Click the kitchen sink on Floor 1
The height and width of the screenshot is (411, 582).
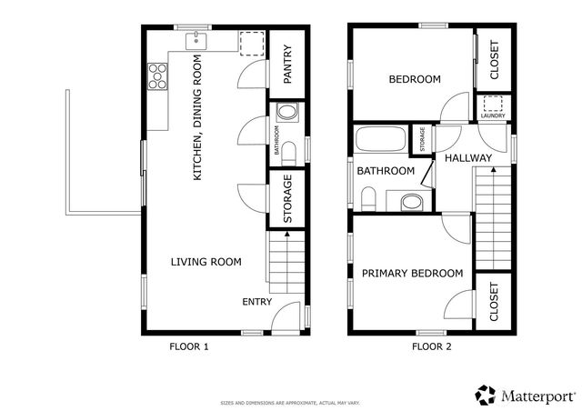click(x=197, y=41)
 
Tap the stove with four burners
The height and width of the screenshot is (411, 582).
click(x=156, y=75)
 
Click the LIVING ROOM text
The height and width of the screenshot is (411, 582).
click(x=206, y=262)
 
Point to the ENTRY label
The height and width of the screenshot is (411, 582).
click(x=256, y=302)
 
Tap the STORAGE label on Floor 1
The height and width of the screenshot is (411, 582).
click(x=287, y=202)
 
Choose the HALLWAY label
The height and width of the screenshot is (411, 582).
click(x=467, y=158)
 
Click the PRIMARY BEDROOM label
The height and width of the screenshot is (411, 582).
click(x=412, y=273)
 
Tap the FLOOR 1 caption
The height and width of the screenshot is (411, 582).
click(x=189, y=346)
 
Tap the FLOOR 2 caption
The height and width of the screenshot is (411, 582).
click(x=431, y=346)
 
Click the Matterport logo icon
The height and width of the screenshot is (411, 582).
click(x=486, y=395)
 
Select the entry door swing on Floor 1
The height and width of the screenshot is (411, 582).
click(x=285, y=315)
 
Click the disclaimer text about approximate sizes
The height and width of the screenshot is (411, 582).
click(x=291, y=402)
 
